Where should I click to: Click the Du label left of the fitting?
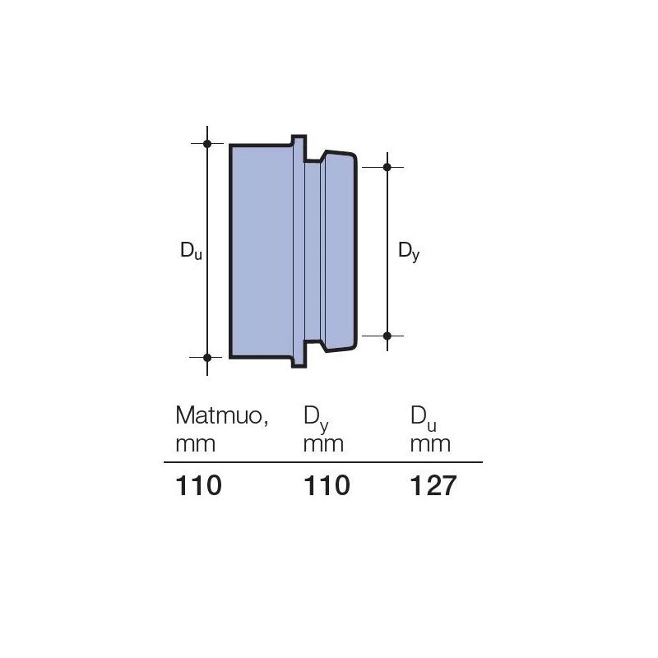[191, 251]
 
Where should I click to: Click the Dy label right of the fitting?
[409, 252]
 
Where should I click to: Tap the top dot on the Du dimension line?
[207, 144]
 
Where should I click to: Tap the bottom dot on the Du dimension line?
[207, 358]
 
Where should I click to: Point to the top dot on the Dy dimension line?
[387, 167]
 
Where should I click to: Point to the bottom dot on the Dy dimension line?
[387, 336]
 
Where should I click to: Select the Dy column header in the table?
[316, 419]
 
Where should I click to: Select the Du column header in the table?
[424, 419]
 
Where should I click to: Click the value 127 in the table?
[433, 485]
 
